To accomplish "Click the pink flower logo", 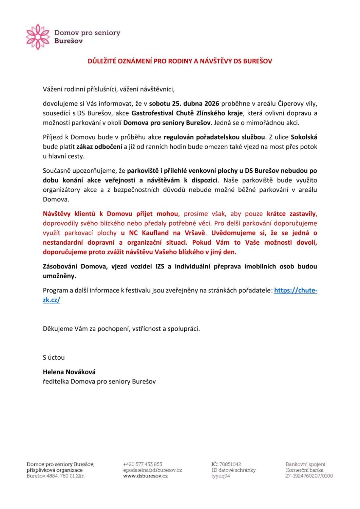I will [38, 37].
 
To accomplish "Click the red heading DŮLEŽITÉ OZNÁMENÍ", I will [180, 61].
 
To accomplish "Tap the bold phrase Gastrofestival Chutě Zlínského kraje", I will [187, 113].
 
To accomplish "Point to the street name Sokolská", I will [304, 137].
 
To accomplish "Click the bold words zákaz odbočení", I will [99, 147].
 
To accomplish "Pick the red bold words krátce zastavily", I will [291, 214].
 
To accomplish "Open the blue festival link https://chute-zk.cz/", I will [295, 290].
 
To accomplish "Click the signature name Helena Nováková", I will [69, 372].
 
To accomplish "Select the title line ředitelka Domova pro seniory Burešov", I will [99, 381].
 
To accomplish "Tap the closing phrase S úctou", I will [54, 357].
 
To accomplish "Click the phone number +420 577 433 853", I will [143, 464].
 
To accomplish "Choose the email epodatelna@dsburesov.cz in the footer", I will [152, 470].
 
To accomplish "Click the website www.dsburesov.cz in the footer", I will [145, 476].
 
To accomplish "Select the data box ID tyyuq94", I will [221, 476].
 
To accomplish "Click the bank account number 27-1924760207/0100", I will [309, 476].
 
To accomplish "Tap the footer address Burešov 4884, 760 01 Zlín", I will [56, 476].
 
